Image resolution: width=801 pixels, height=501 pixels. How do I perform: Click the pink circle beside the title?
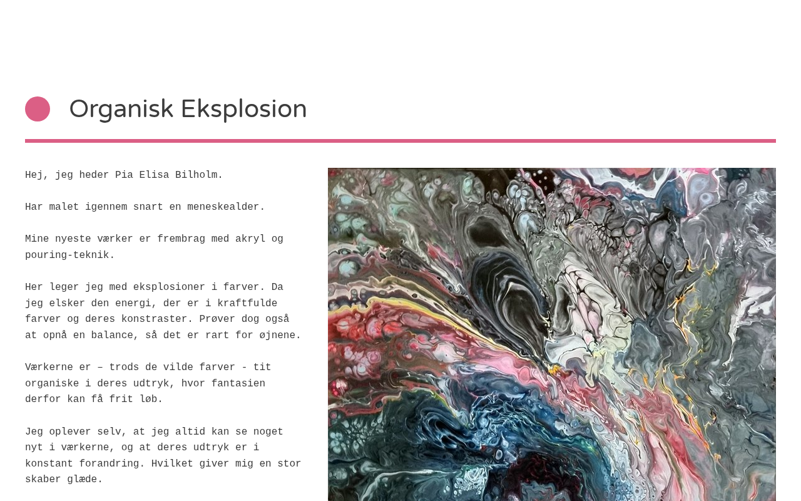pos(38,109)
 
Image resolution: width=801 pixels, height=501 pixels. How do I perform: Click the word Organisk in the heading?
pos(121,110)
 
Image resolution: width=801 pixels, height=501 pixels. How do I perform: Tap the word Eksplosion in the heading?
pos(244,110)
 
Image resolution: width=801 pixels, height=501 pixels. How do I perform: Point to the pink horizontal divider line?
pos(400,141)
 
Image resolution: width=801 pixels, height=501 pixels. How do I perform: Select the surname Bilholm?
pos(198,175)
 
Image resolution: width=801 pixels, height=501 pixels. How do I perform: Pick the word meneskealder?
pos(226,207)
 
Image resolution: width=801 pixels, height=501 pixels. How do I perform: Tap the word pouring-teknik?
pos(69,255)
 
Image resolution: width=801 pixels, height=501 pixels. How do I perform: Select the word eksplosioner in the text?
pos(169,287)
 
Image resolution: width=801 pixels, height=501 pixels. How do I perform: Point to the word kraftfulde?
pos(247,303)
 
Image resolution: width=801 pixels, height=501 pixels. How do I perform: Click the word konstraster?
pos(157,319)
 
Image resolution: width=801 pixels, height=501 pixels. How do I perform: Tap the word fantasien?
pos(238,383)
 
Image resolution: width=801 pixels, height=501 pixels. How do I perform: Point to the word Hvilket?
pos(172,463)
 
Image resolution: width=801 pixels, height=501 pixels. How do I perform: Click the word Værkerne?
pos(49,367)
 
